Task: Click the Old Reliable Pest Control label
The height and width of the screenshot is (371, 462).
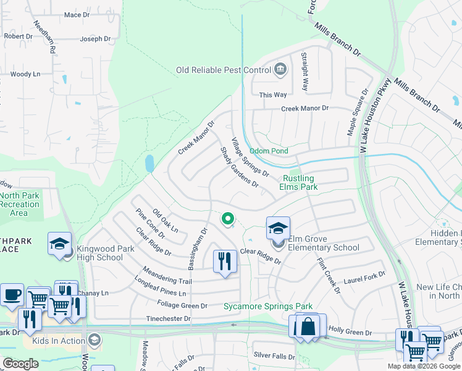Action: point(224,70)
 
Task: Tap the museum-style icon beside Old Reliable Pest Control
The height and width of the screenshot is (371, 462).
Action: point(280,68)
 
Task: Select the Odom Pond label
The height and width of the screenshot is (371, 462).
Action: point(269,151)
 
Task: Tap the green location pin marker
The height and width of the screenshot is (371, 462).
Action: point(227,218)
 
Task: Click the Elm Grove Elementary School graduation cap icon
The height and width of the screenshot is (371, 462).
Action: point(278,228)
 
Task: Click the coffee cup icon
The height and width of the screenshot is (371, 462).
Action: point(12,294)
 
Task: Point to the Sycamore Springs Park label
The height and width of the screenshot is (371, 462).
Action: point(267,306)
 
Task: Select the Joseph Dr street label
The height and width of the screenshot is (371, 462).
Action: point(95,39)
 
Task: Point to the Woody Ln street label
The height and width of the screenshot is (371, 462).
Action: point(25,74)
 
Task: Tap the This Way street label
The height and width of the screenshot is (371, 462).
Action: point(273,95)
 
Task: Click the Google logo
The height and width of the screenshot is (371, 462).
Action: point(20,364)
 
